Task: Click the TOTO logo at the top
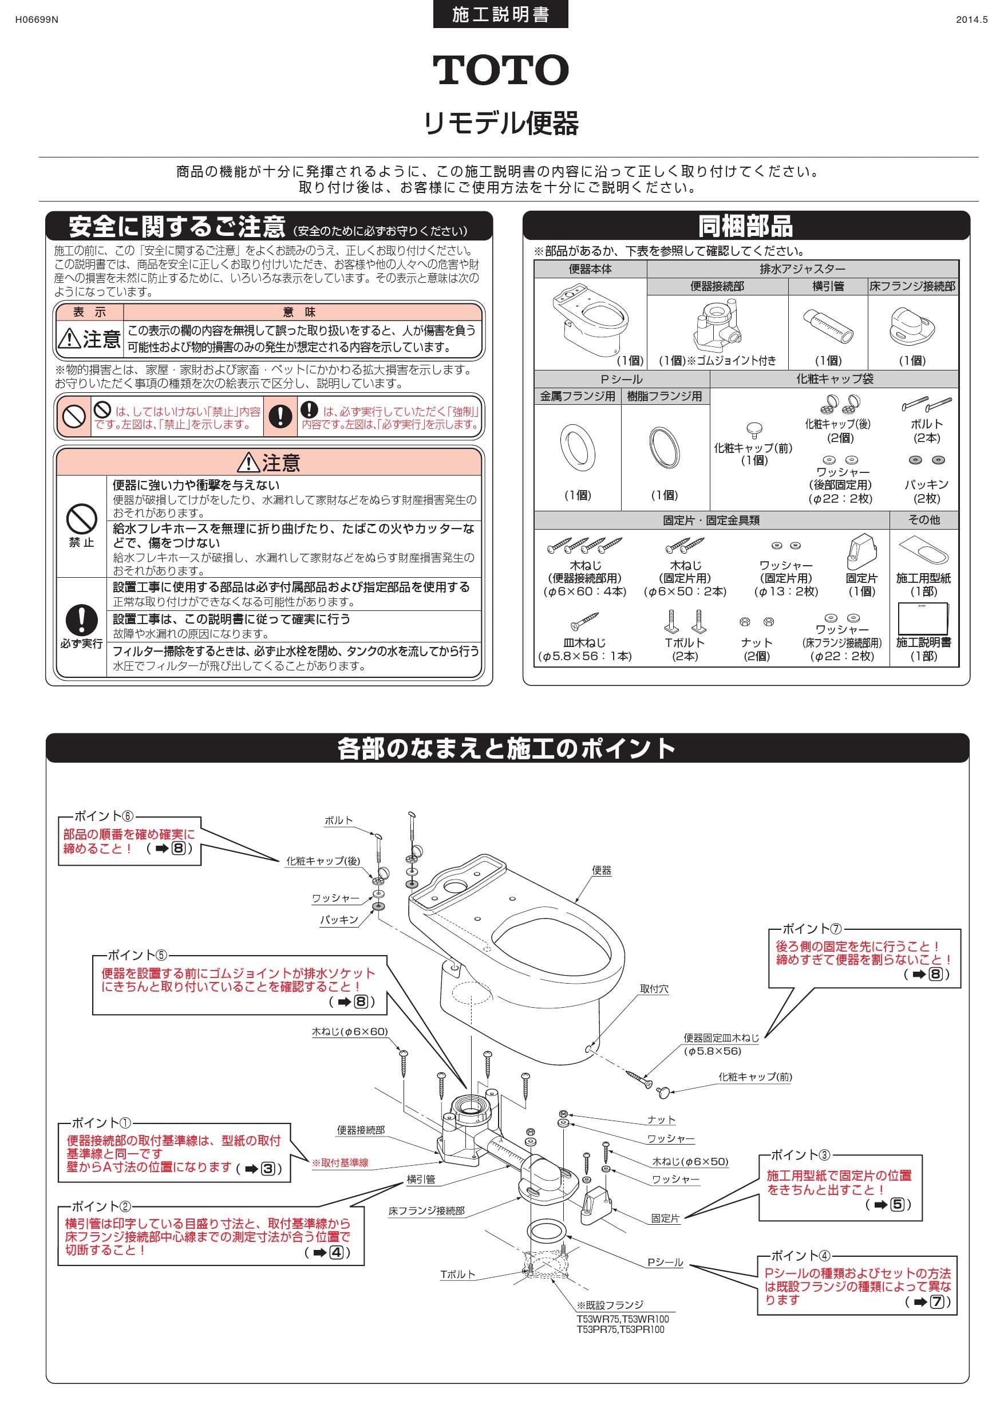click(x=500, y=70)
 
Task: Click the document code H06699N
click(x=37, y=19)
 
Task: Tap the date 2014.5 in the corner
click(x=971, y=19)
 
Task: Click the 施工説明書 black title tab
click(x=500, y=15)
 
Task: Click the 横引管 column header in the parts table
click(x=828, y=286)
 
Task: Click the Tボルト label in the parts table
click(x=685, y=642)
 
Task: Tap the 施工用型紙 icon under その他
click(x=923, y=550)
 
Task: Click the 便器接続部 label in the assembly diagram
click(x=361, y=1130)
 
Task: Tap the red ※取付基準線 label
click(x=340, y=1163)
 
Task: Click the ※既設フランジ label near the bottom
click(x=610, y=1305)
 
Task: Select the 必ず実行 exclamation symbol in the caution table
click(x=82, y=618)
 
